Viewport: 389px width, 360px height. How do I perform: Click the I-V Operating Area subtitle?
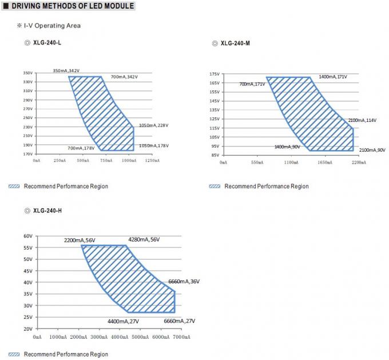[x=52, y=26]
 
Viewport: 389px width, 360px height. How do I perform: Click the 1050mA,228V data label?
[x=154, y=125]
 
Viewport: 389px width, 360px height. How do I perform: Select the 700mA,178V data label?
[x=81, y=148]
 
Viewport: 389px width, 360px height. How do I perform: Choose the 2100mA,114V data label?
[x=362, y=120]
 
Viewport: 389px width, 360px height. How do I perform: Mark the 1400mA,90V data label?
[x=288, y=147]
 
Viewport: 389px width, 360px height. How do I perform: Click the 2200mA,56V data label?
[x=80, y=240]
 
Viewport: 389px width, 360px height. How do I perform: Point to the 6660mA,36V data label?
[x=184, y=282]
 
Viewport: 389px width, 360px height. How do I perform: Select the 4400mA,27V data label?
[x=123, y=321]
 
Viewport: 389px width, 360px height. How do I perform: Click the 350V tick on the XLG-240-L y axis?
[x=28, y=73]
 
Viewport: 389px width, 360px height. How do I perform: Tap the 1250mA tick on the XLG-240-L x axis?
[x=152, y=161]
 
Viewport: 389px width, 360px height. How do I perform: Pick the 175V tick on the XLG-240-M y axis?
[x=215, y=74]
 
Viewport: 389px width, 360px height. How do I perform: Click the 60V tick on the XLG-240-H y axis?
[x=28, y=236]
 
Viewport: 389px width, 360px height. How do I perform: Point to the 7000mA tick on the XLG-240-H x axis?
[x=181, y=337]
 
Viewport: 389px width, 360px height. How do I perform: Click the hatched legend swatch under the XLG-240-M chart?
[x=215, y=186]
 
